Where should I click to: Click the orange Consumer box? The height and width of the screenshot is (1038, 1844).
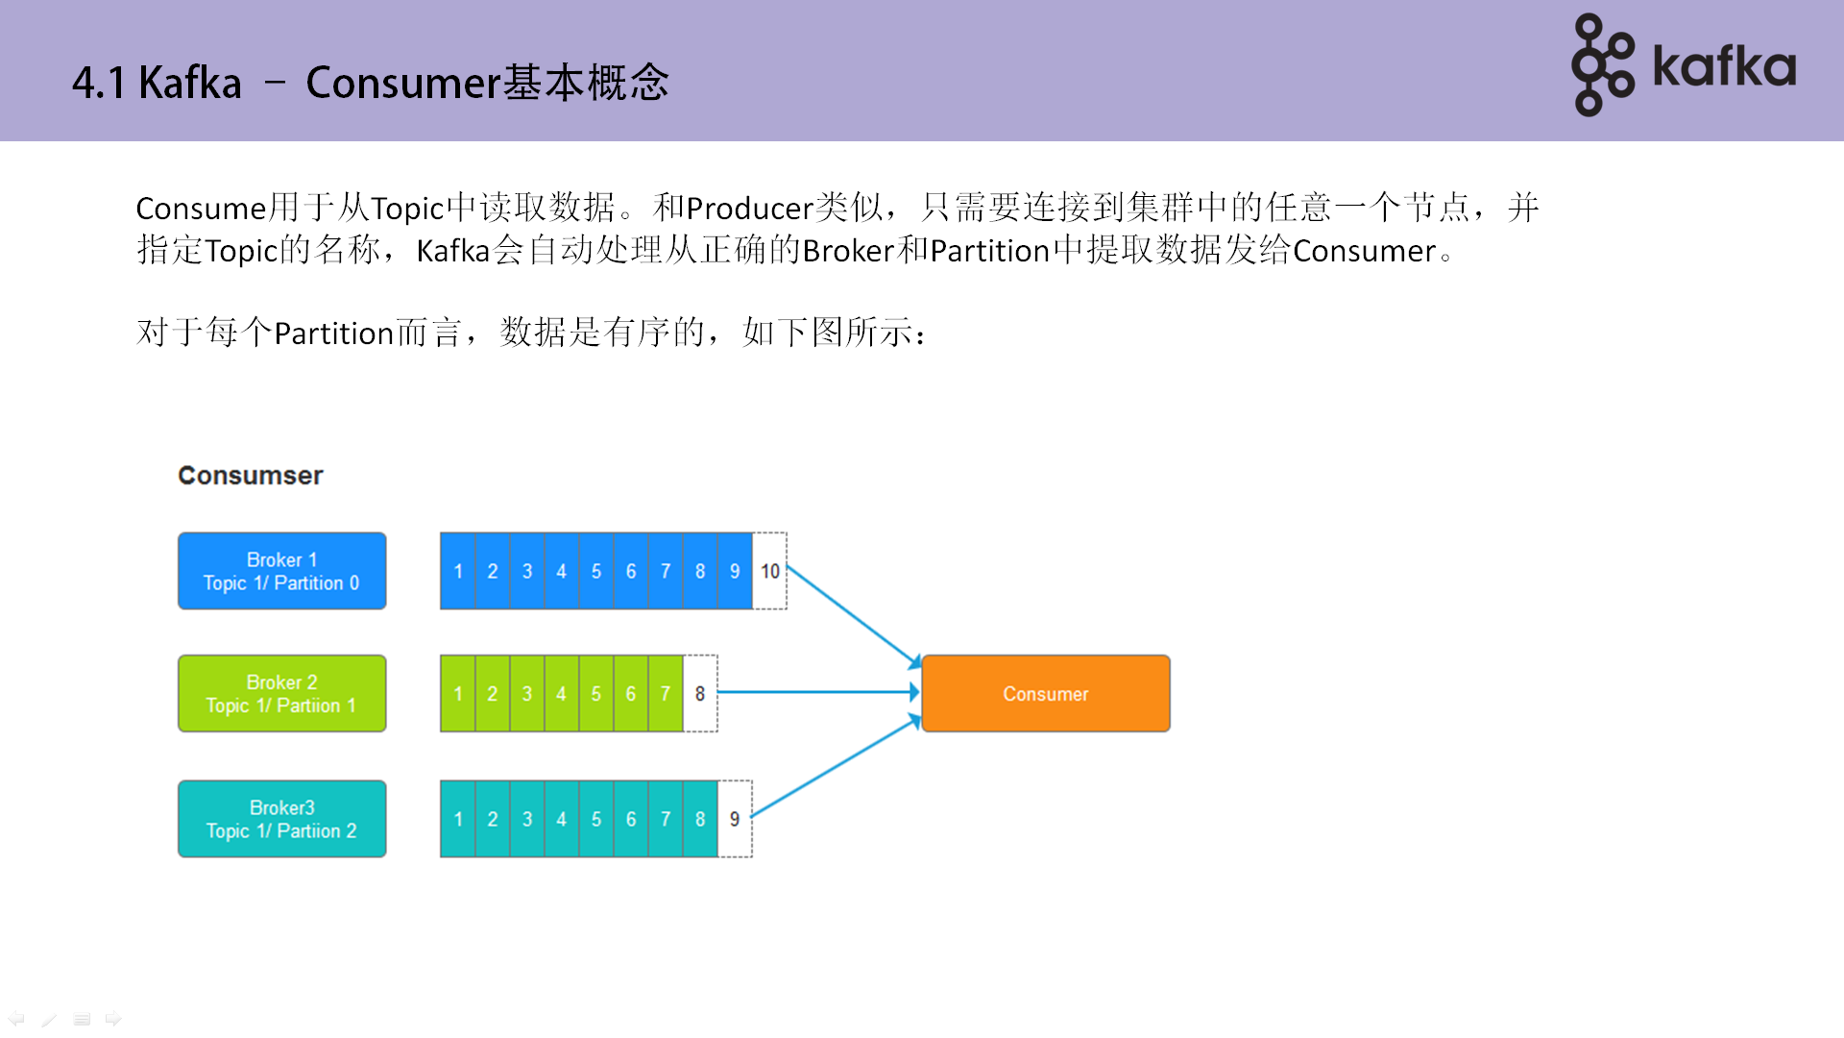[1045, 693]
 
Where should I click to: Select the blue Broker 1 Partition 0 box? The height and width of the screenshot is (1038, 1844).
[281, 571]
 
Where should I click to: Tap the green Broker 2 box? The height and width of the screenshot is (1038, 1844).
[281, 693]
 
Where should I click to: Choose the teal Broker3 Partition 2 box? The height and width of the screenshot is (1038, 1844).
[281, 819]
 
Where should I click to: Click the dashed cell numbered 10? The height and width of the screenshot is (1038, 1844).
[769, 571]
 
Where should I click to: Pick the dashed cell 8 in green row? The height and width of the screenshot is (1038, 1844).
[700, 693]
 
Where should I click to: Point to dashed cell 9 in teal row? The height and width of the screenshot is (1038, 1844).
[735, 819]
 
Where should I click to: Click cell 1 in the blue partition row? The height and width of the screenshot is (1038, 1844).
[458, 571]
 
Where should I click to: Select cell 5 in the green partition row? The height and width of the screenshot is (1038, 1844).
[595, 693]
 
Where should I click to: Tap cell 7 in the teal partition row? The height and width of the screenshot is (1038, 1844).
[665, 819]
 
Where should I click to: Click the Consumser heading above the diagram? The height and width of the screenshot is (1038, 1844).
[250, 475]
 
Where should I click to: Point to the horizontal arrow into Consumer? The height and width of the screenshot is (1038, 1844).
[816, 691]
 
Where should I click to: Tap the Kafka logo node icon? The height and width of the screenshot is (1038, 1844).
[1602, 65]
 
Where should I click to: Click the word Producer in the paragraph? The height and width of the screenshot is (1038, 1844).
[750, 209]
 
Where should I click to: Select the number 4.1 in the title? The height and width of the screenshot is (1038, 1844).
[98, 83]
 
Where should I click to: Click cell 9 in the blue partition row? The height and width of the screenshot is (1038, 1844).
[735, 571]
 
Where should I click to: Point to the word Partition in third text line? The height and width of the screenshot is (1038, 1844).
[334, 334]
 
